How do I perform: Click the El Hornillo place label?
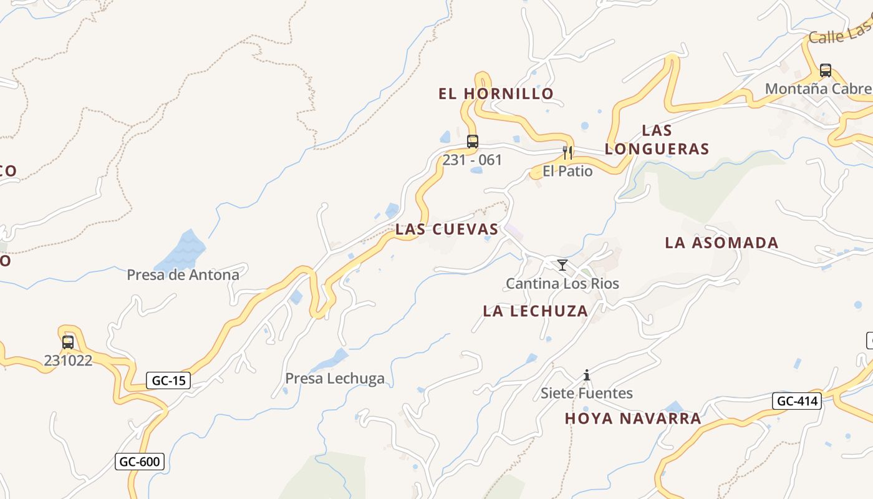click(496, 94)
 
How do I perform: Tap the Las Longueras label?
click(657, 140)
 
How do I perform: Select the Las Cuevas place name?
click(447, 230)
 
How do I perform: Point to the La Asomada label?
click(721, 243)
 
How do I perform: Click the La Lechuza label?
click(535, 311)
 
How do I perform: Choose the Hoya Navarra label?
click(633, 419)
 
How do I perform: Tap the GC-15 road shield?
click(168, 380)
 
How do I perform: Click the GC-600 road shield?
click(140, 462)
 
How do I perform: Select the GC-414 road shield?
click(796, 401)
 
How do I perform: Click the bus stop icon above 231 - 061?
click(473, 142)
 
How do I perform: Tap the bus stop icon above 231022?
click(68, 342)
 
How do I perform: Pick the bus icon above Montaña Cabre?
click(826, 70)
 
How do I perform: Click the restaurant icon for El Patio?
click(567, 153)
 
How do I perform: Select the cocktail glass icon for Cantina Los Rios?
click(562, 265)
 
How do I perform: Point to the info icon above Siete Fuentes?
click(587, 375)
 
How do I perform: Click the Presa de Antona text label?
click(183, 274)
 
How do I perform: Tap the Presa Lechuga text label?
click(335, 378)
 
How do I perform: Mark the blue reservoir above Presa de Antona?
click(181, 249)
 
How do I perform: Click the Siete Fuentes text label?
click(587, 393)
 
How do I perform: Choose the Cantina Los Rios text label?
click(562, 284)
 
